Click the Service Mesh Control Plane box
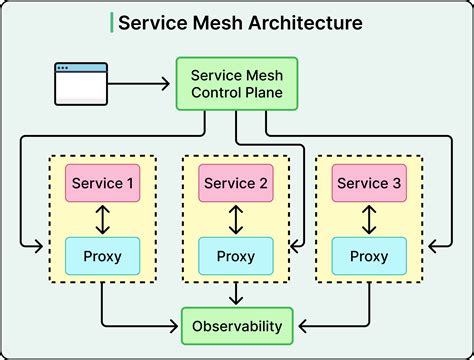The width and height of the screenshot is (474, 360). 236,84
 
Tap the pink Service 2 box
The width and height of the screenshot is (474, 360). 236,184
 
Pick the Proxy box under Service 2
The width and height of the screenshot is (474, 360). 236,256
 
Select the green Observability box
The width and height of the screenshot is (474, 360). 236,325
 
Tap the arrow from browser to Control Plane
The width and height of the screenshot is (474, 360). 141,84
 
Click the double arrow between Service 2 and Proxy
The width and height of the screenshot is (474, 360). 236,220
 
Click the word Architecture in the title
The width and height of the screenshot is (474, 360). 306,23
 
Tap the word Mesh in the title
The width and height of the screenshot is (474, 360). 214,23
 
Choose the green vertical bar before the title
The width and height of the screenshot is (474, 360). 111,23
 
